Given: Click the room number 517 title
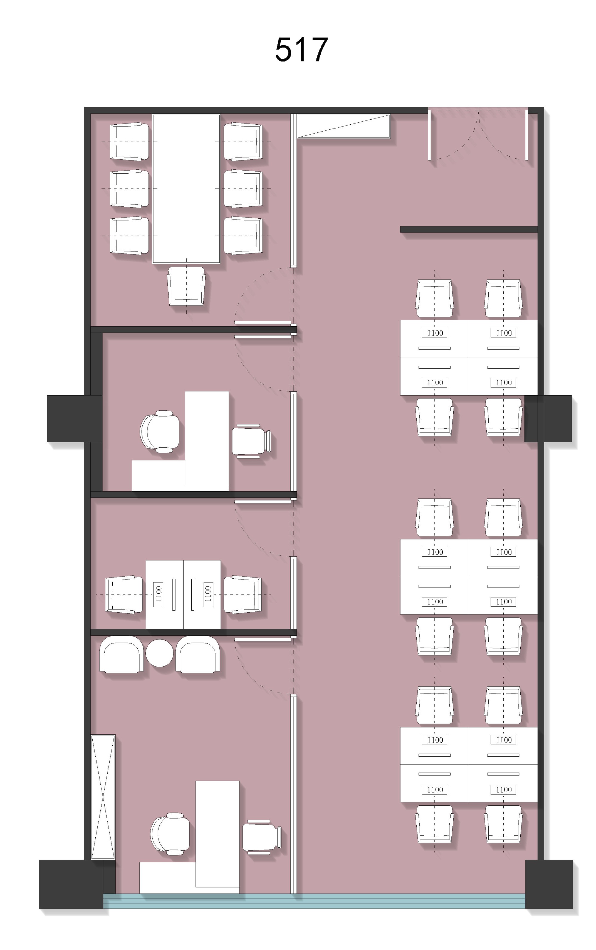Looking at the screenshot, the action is click(x=301, y=50).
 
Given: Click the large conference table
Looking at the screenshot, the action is click(x=186, y=189).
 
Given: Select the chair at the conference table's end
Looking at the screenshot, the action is click(x=186, y=286).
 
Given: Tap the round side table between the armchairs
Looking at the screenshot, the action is click(x=159, y=653).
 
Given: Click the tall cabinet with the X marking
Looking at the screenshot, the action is click(x=103, y=796).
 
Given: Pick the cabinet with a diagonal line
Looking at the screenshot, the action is click(x=343, y=126).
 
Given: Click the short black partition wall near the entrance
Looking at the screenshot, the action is click(x=469, y=229).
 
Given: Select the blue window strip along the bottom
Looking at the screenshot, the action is click(x=314, y=901).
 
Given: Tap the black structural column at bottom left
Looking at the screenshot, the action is click(x=71, y=884).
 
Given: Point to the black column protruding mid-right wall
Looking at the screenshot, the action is click(x=548, y=418).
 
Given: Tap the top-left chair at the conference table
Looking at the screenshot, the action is click(x=129, y=142).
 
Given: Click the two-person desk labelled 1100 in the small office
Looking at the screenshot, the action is click(x=183, y=594).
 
